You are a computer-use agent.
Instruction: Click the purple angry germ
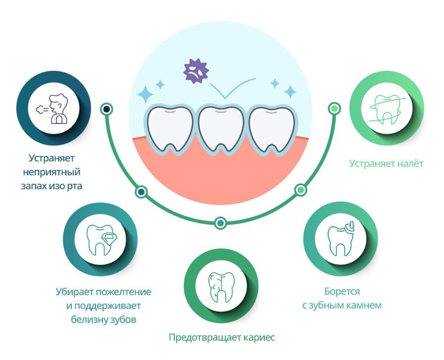196,71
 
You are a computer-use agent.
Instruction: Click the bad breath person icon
53,109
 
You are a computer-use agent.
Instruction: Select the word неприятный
54,172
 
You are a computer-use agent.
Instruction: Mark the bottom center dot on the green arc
221,223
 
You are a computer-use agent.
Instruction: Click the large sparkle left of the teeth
146,93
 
